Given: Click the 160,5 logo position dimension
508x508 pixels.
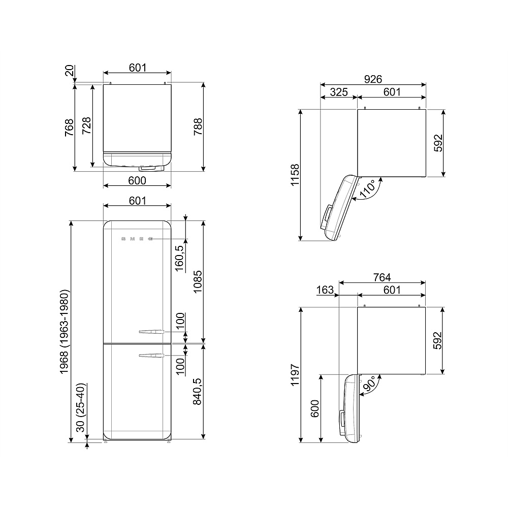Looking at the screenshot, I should (x=179, y=258).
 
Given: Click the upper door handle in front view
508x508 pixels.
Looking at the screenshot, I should (x=151, y=332).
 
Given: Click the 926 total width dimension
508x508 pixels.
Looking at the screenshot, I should (x=373, y=79).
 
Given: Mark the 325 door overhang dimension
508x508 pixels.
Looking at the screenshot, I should (x=339, y=92).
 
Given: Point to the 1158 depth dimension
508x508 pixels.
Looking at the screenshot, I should (x=295, y=174).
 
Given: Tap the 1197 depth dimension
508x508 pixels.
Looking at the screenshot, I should (x=295, y=374).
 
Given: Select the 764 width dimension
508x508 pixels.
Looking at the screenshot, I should (x=382, y=277).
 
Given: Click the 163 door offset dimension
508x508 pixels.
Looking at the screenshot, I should (x=325, y=290).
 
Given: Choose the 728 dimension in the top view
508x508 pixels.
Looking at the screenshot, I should (x=86, y=125).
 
